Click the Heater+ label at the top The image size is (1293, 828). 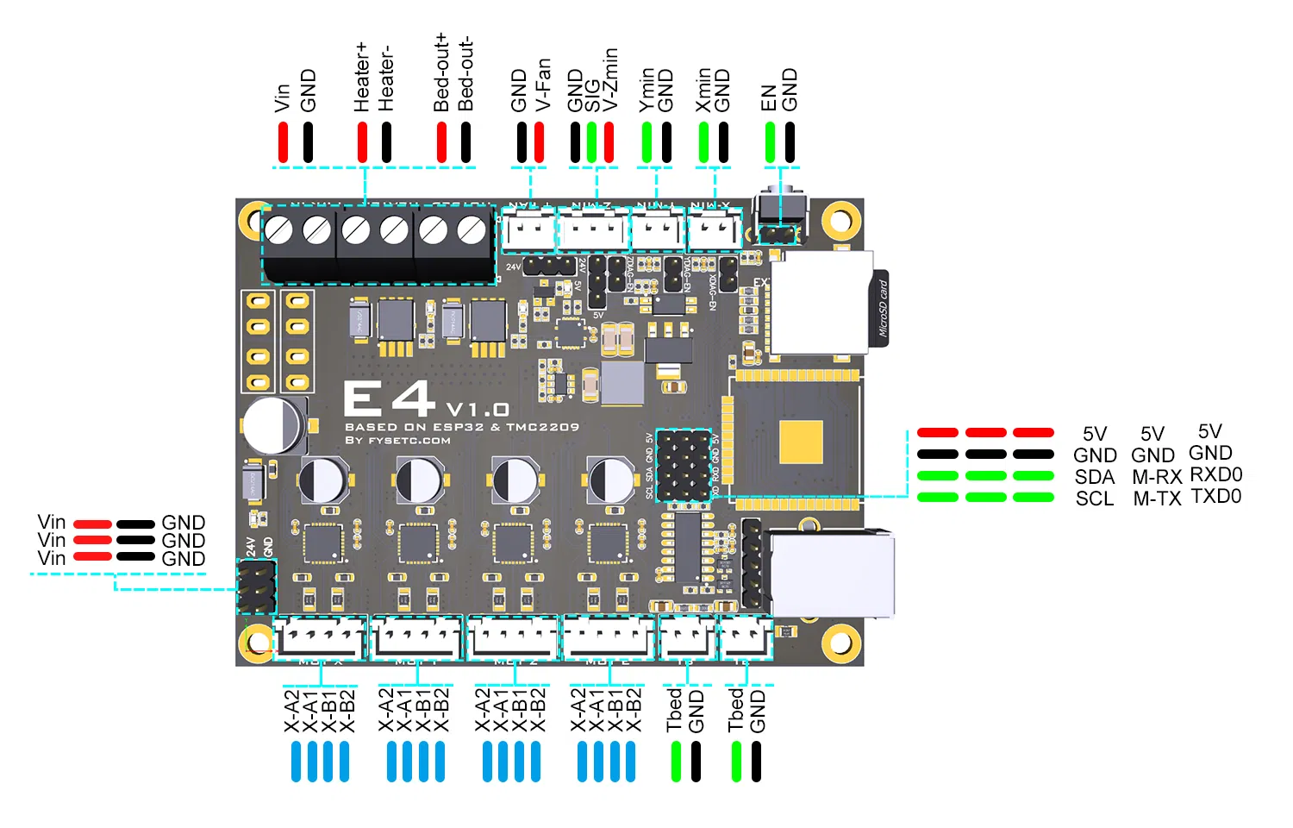coord(361,78)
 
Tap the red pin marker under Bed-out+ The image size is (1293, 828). coord(441,142)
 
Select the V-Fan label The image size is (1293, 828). coord(543,85)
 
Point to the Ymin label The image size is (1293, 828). coord(647,90)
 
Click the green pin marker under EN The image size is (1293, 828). coord(770,142)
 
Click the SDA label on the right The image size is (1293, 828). coord(1095,477)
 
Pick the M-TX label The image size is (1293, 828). coord(1157,499)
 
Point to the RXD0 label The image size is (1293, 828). coord(1215,474)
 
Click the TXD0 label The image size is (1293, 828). coord(1215,496)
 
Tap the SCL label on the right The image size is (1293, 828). coord(1095,499)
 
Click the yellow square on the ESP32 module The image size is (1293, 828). coord(801,442)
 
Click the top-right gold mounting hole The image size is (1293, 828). coord(840,220)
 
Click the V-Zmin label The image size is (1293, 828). coord(611,79)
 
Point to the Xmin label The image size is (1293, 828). coord(704,90)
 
